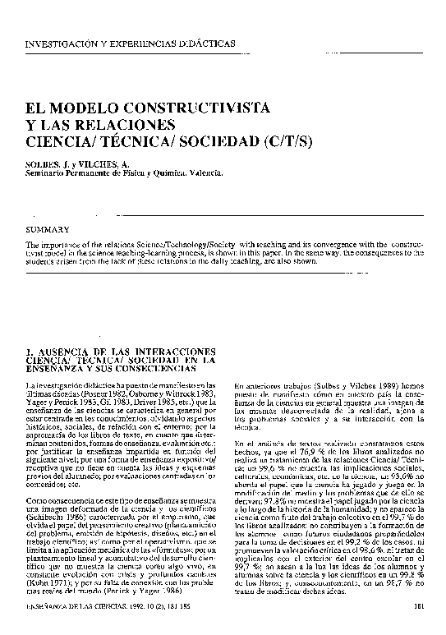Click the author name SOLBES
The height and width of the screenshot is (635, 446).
tap(42, 164)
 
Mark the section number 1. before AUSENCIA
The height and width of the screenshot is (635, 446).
tap(31, 352)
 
